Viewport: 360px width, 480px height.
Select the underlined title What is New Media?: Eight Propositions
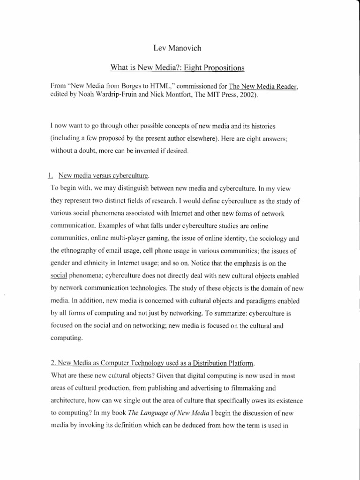tap(177, 67)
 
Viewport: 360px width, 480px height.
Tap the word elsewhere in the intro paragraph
tap(211, 139)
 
